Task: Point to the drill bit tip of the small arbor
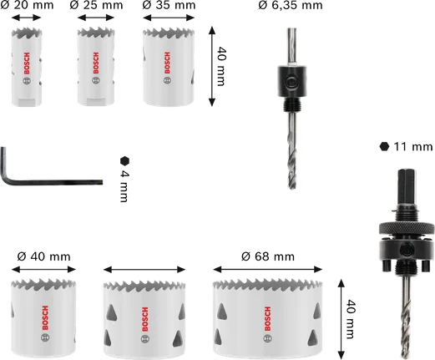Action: (292, 190)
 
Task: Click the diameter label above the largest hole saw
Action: (267, 255)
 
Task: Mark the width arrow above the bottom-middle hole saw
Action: (140, 268)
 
